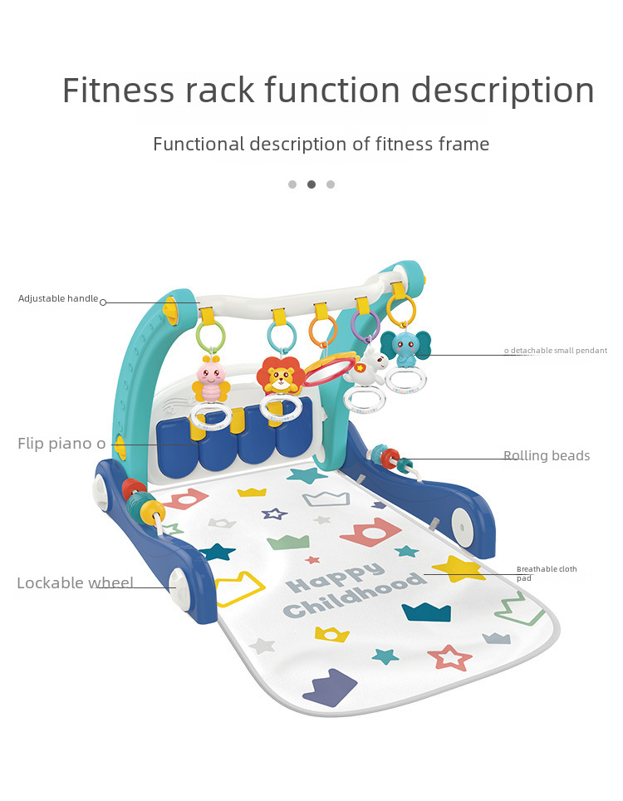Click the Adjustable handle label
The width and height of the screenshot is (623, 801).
(58, 298)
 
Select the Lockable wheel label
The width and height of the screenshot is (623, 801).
(75, 583)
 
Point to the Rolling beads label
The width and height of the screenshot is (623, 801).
(547, 456)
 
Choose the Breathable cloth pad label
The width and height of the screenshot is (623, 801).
(546, 573)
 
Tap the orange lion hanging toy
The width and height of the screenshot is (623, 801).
(279, 376)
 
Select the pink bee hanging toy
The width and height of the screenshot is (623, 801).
(210, 381)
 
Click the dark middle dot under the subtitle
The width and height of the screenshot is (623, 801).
(311, 184)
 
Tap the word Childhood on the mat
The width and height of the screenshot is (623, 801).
(348, 597)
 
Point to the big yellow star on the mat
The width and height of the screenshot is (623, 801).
(458, 569)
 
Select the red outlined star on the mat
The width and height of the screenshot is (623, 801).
(450, 657)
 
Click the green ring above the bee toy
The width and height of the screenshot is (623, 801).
(211, 337)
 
